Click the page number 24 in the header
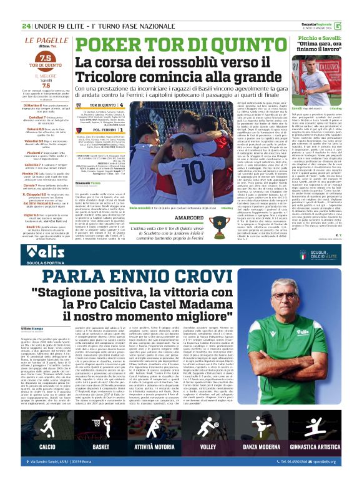pos(26,9)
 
